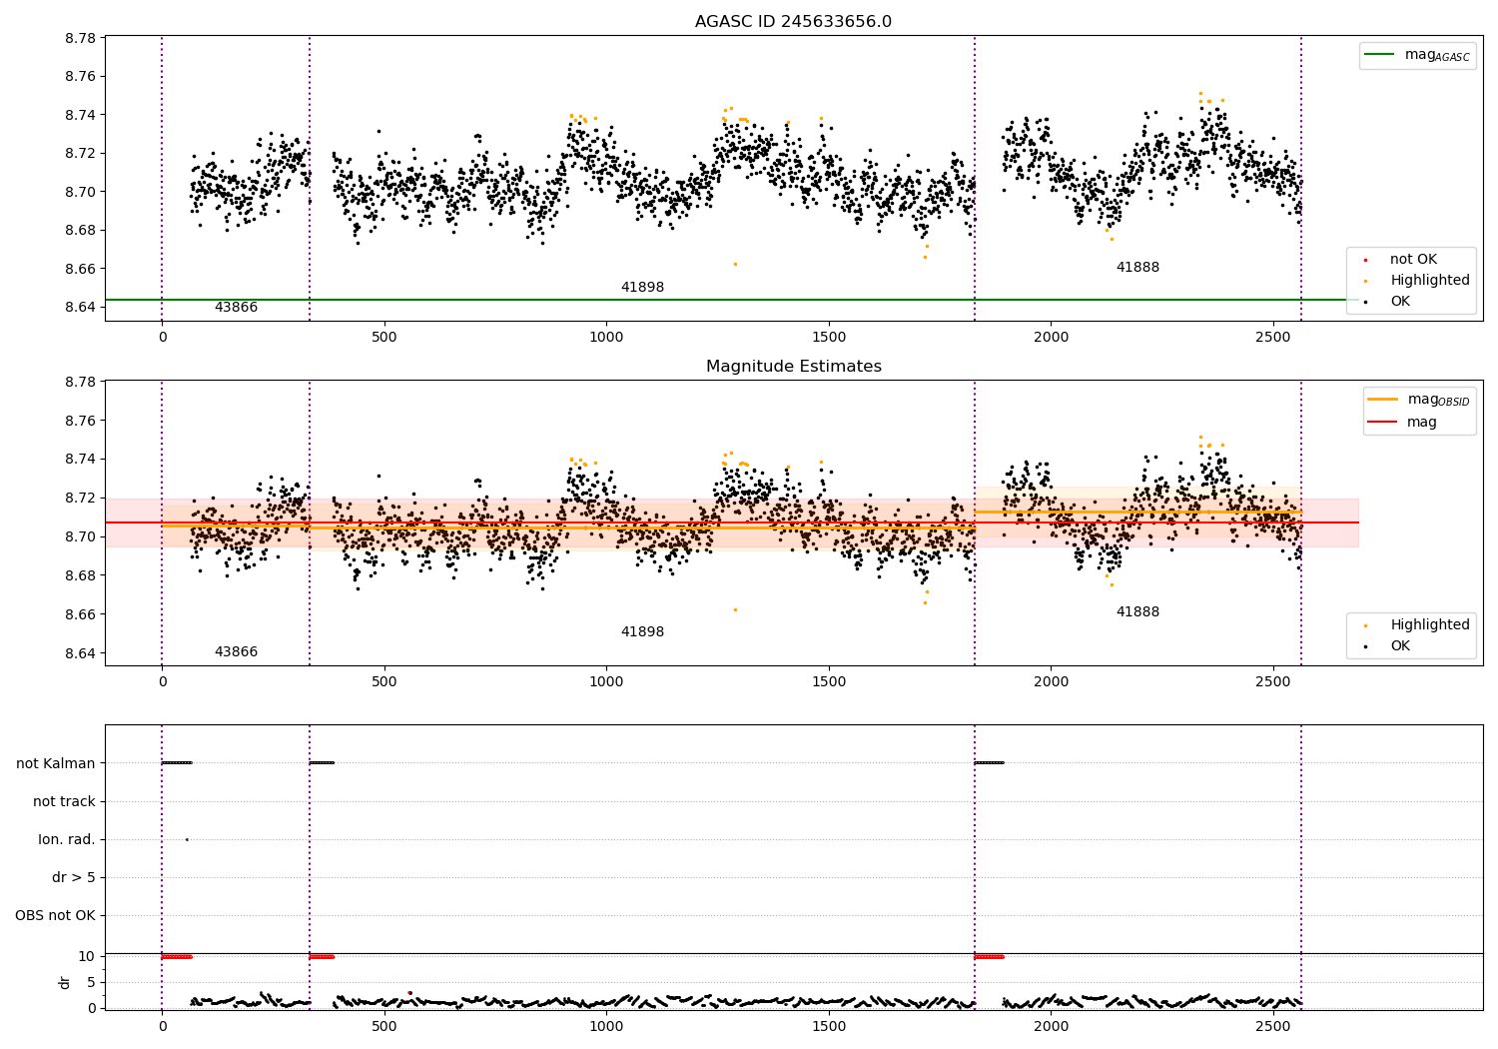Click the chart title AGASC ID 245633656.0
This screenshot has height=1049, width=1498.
[x=793, y=21]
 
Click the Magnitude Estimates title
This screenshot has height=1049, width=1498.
[x=794, y=366]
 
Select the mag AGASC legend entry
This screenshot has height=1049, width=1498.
[x=1417, y=55]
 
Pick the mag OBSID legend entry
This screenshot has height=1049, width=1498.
[x=1418, y=400]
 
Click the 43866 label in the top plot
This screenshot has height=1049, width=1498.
[x=236, y=307]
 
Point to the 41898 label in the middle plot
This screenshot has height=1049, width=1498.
[x=642, y=631]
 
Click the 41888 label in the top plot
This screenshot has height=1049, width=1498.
[x=1137, y=267]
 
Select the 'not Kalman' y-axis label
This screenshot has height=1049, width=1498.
[x=56, y=763]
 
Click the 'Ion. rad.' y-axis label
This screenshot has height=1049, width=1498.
[x=66, y=839]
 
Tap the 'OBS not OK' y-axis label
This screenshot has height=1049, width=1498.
[x=56, y=915]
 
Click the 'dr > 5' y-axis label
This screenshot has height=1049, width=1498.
[x=74, y=877]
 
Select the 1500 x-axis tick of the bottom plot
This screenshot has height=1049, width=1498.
[x=829, y=1026]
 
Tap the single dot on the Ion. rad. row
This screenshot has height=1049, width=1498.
[x=188, y=839]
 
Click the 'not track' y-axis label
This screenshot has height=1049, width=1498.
[x=64, y=801]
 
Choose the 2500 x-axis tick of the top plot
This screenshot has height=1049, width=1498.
[x=1272, y=338]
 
